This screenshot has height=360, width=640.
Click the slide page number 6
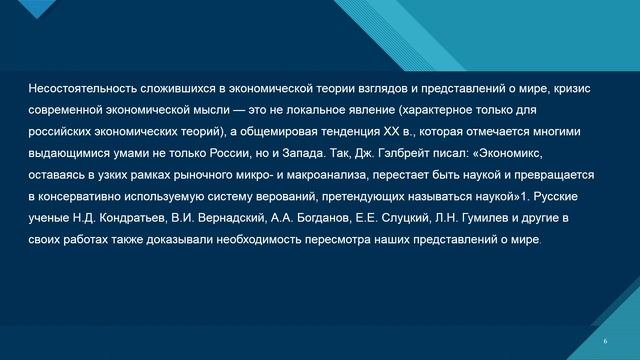tap(606, 341)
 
